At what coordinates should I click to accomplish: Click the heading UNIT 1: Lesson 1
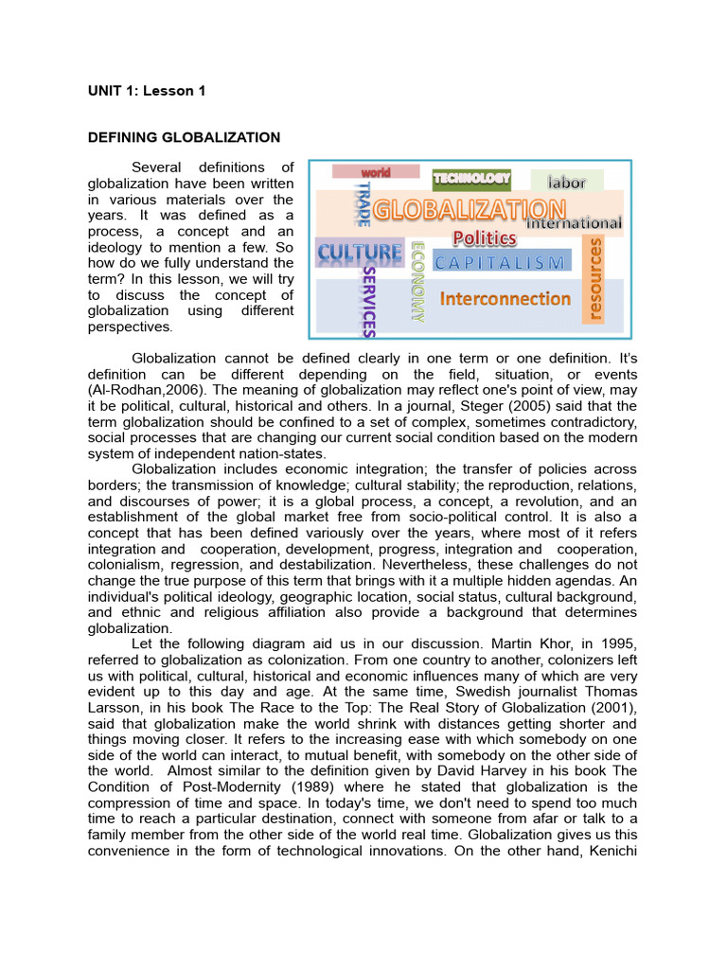click(x=146, y=91)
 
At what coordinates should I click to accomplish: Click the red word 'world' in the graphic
click(x=363, y=172)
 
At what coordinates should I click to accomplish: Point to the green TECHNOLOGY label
click(x=471, y=178)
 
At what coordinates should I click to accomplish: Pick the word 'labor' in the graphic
click(x=566, y=182)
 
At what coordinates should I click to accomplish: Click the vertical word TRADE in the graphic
click(x=361, y=203)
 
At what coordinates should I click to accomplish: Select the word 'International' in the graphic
click(x=574, y=224)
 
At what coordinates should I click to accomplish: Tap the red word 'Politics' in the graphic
click(x=484, y=238)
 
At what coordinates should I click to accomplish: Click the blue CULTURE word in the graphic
click(x=359, y=253)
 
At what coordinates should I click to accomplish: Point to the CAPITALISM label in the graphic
click(x=503, y=262)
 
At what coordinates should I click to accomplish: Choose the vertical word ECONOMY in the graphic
click(x=417, y=282)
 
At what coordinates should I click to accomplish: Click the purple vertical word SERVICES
click(x=370, y=300)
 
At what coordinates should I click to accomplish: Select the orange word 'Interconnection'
click(x=505, y=299)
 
